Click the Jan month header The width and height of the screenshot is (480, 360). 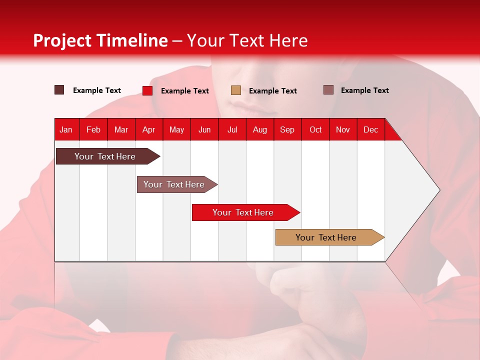66,129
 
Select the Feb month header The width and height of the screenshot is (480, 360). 93,129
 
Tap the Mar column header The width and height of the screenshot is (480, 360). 121,129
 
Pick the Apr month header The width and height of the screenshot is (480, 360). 149,129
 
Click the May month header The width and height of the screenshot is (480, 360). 176,129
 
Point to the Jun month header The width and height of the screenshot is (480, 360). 204,129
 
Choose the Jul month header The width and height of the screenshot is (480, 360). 232,129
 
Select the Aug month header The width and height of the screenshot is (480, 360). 260,129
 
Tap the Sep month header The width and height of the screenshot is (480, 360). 287,129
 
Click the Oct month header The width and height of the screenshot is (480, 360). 315,129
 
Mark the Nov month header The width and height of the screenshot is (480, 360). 343,129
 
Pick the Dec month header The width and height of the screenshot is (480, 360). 371,129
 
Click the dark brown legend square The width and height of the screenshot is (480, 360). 59,90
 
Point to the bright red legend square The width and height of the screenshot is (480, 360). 147,90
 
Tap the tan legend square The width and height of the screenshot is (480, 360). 236,90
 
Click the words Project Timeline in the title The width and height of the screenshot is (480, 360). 100,40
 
